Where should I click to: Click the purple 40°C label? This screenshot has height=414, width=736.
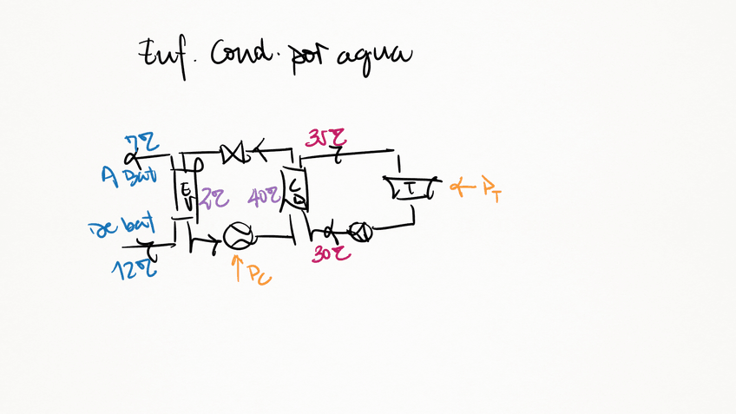pos(262,198)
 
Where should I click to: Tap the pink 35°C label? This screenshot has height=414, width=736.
pos(327,138)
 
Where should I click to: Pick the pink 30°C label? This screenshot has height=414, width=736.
pos(330,253)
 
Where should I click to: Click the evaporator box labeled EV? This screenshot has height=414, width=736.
pos(186,193)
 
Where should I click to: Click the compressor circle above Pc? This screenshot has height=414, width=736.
pos(238,235)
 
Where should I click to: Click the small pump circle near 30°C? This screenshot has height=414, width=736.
pos(360,232)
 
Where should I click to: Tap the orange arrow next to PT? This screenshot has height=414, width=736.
pos(460,185)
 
